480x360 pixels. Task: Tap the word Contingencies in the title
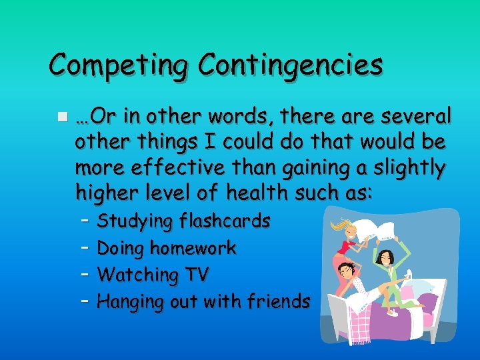[291, 66]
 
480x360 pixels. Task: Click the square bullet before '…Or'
[61, 117]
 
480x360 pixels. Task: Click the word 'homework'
[193, 248]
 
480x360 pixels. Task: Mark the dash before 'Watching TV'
[85, 273]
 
